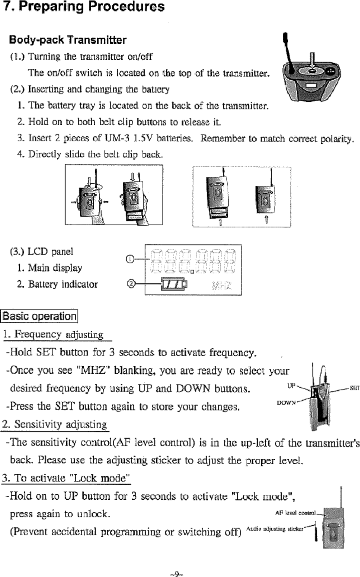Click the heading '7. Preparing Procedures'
coord(84,7)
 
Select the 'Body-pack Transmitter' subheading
coord(68,40)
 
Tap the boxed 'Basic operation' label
coord(39,316)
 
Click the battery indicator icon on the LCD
coord(174,285)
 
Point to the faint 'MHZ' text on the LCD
coord(222,286)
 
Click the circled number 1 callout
coord(131,259)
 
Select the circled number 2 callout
coord(131,284)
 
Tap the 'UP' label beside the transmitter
coord(292,385)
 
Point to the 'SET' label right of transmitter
coord(354,388)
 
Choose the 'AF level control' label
coord(296,513)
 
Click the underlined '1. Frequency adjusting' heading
coord(54,335)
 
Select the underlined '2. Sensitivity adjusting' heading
coord(54,425)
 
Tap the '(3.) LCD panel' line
coord(42,252)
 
